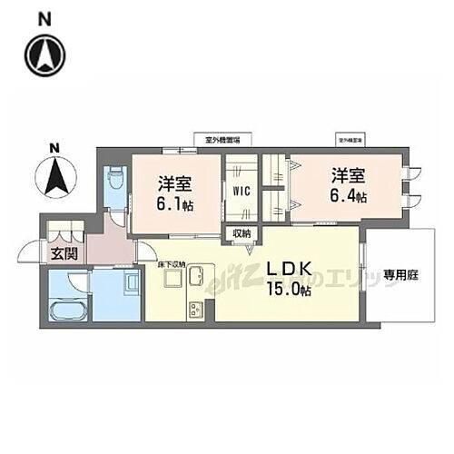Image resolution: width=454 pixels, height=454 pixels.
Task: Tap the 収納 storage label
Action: (241, 234)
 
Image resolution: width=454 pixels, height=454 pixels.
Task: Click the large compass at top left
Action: (45, 56)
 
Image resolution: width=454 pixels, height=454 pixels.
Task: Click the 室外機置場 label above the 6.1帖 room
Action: (216, 141)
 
